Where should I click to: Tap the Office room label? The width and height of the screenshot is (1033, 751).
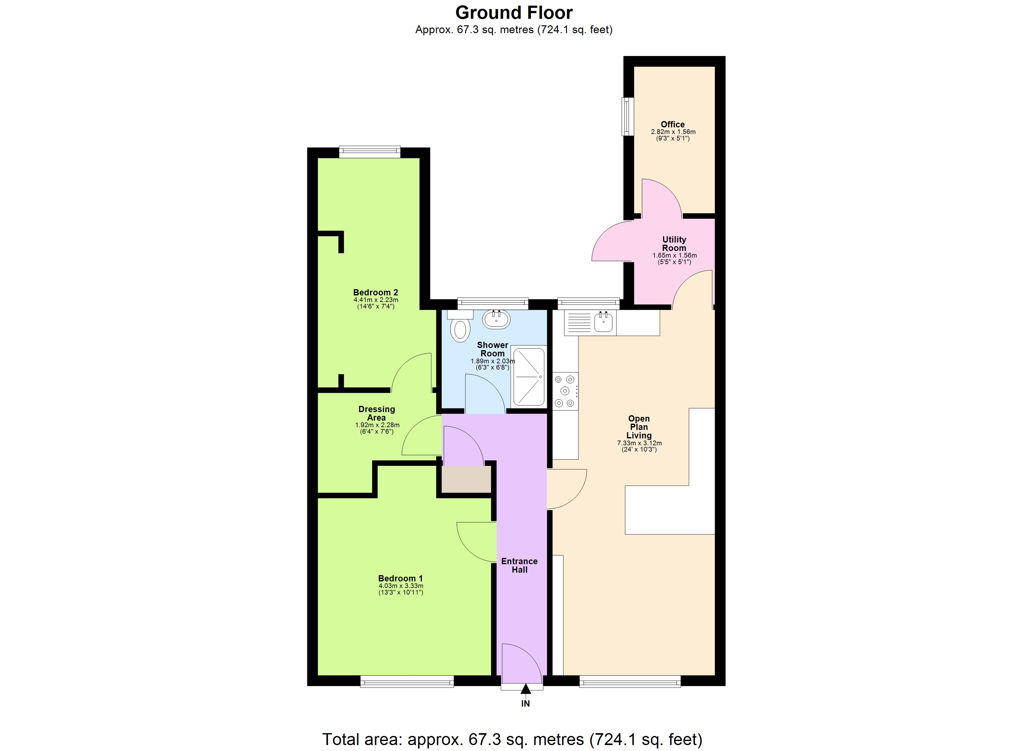(x=673, y=124)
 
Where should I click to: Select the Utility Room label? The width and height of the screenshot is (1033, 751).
(x=674, y=244)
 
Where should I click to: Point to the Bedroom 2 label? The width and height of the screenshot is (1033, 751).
(x=376, y=292)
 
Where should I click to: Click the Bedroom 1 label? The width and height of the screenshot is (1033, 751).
(x=400, y=578)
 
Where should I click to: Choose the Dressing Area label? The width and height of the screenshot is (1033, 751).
(x=377, y=413)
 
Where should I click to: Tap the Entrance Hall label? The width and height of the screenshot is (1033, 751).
(x=519, y=565)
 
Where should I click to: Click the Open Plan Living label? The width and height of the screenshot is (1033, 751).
(x=639, y=427)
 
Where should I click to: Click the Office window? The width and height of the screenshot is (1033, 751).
(x=628, y=117)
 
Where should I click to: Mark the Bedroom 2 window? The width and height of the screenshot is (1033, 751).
(x=369, y=152)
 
